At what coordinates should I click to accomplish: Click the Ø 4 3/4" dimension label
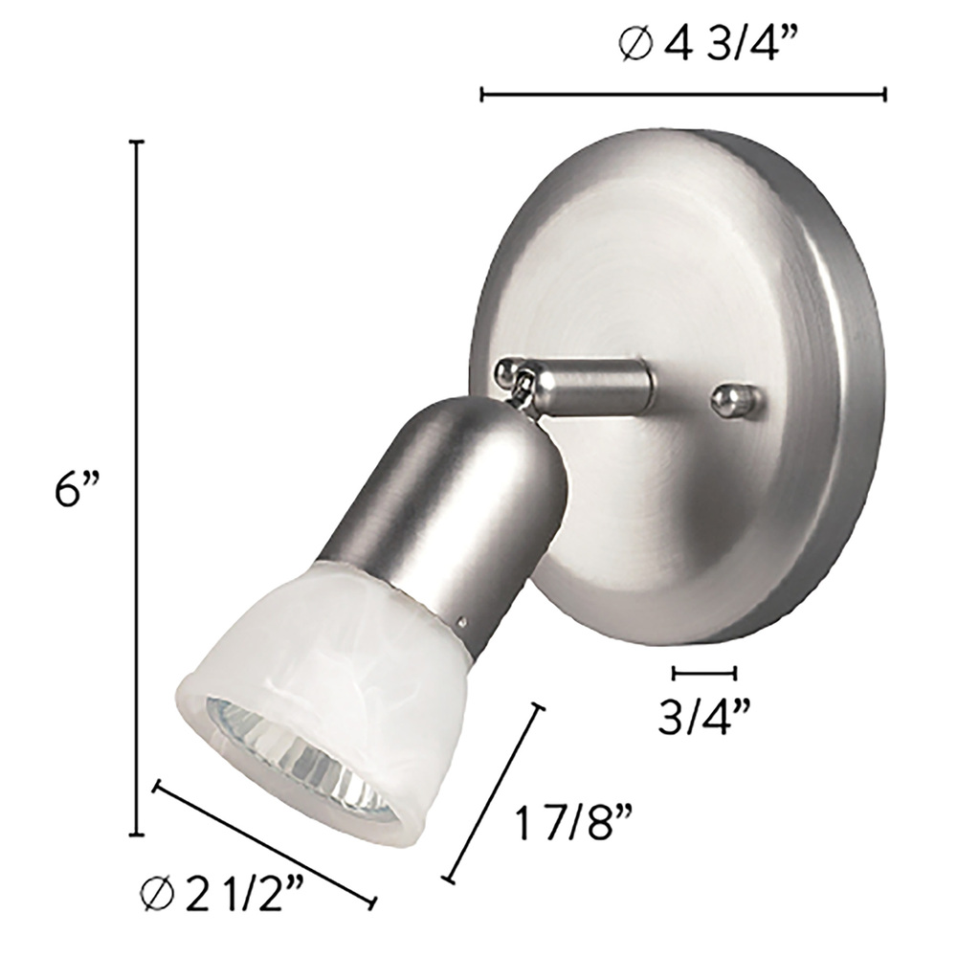(x=708, y=45)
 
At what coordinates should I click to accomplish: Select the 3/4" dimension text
(x=703, y=716)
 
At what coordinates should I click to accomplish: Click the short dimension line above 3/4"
(x=703, y=673)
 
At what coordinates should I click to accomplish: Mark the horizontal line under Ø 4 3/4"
(x=683, y=95)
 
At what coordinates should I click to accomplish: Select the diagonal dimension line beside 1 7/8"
(x=493, y=794)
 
